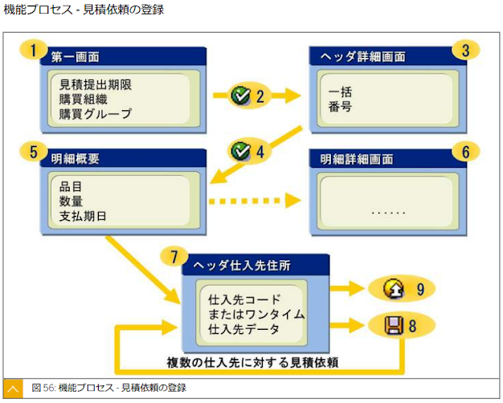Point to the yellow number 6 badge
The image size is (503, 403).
[464, 151]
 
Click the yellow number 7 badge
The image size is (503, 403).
[174, 257]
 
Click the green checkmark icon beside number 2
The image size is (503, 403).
[240, 96]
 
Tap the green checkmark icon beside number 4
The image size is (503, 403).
[240, 150]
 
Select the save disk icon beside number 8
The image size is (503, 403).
[394, 325]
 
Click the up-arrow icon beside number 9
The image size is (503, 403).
[394, 289]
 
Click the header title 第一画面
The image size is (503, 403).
[76, 58]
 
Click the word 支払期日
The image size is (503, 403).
[84, 216]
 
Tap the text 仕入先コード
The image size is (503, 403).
[244, 299]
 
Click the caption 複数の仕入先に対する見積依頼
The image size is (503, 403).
[251, 362]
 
